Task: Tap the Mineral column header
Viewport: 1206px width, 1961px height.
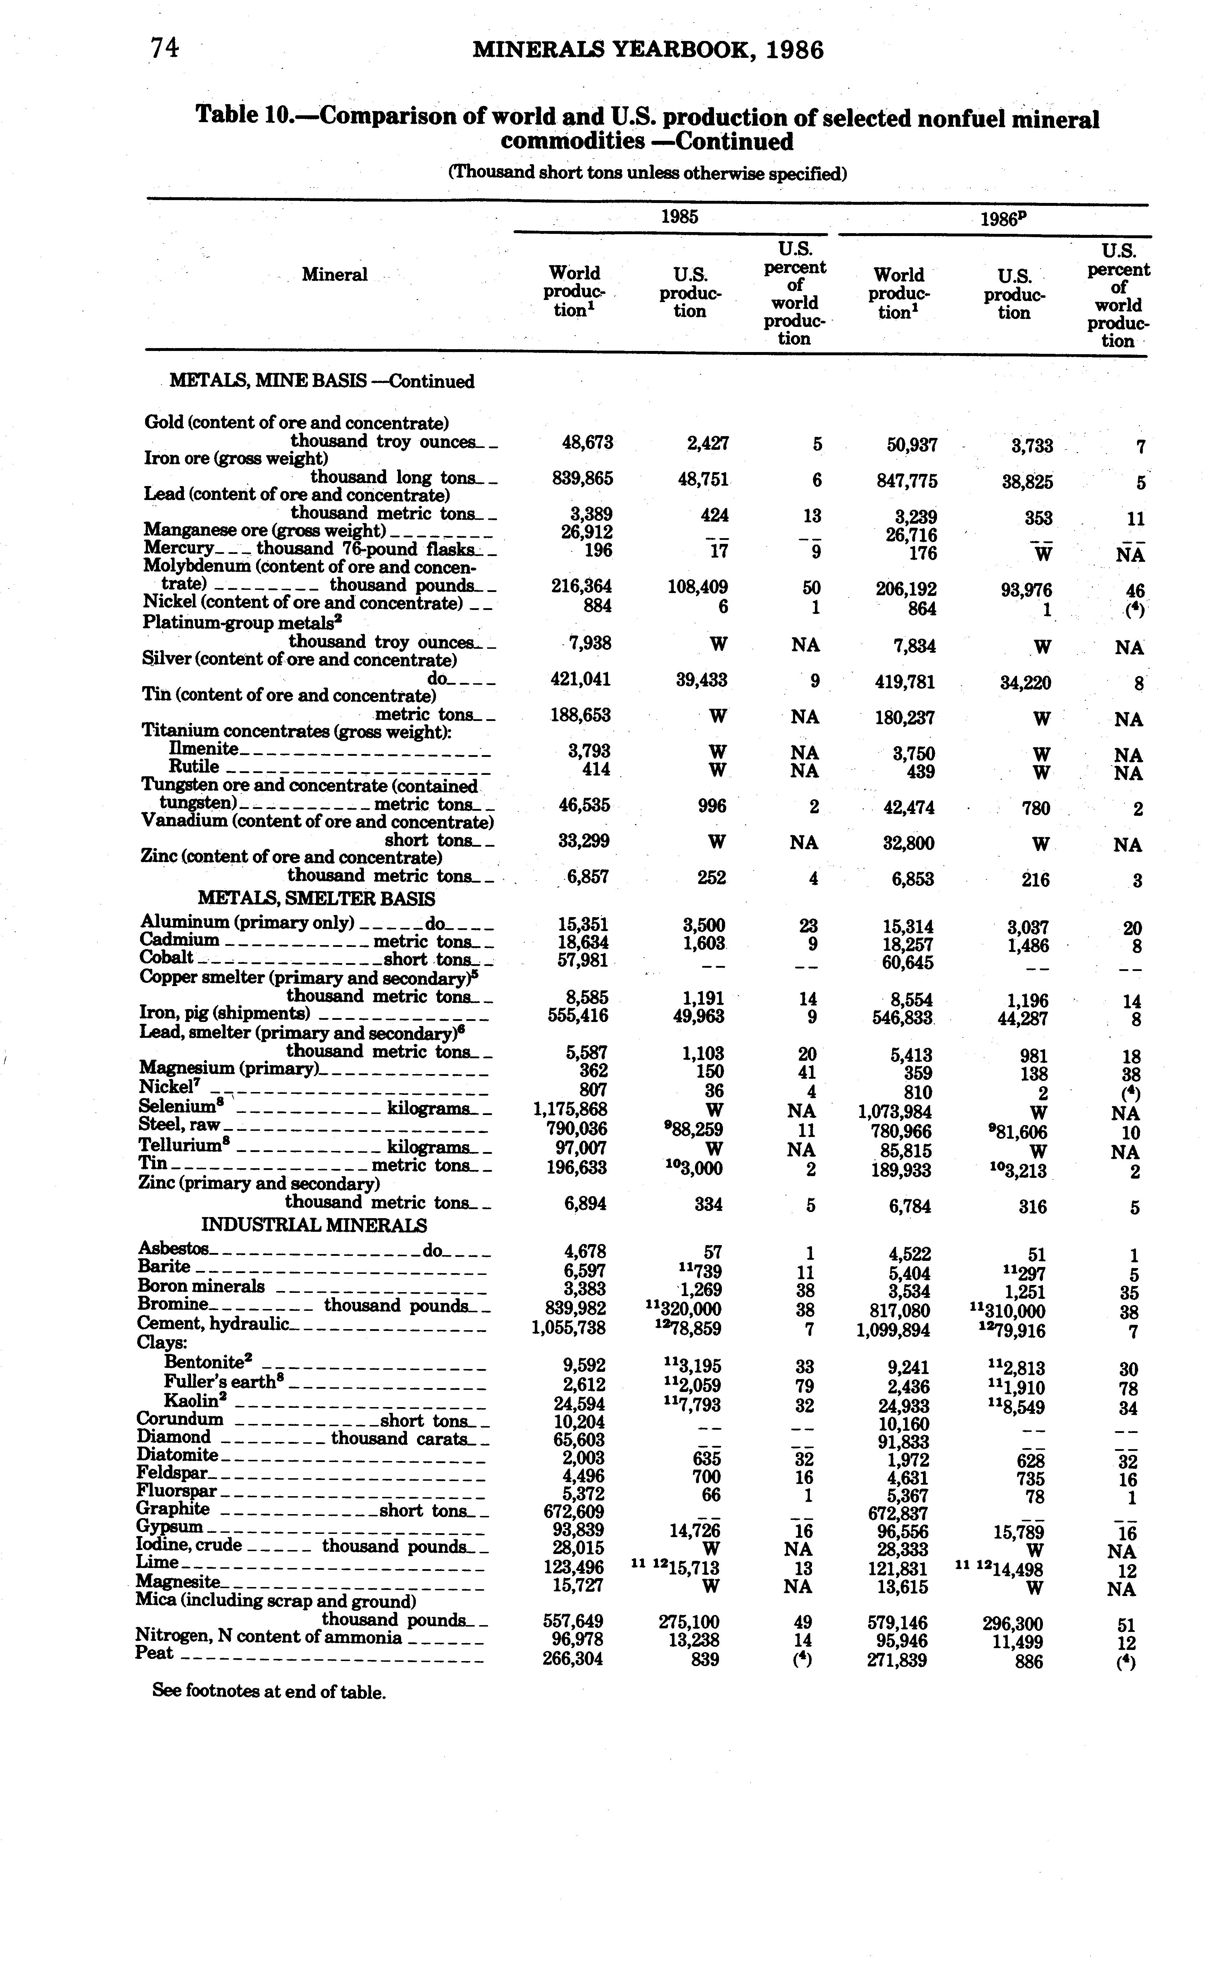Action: (x=334, y=275)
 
